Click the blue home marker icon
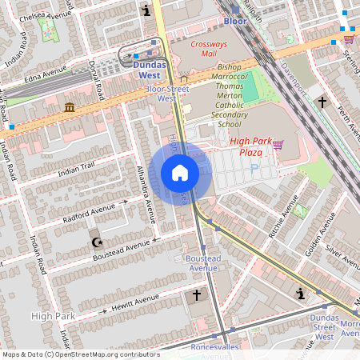tap(180, 173)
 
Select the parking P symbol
tap(254, 169)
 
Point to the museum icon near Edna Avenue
tap(70, 107)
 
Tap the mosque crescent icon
tap(97, 241)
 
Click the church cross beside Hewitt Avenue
tap(196, 296)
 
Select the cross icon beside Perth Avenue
tap(322, 102)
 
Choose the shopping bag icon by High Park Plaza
tap(278, 145)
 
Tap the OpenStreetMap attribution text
tap(80, 354)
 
